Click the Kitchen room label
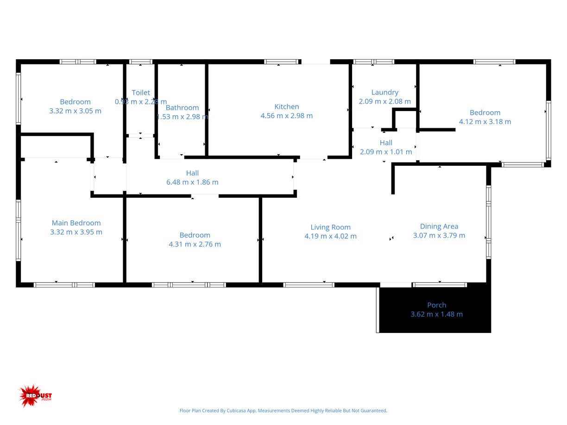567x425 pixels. coord(287,106)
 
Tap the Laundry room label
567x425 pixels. coord(385,92)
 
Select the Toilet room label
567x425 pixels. coord(141,93)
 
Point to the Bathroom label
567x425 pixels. coord(182,107)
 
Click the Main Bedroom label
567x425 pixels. coord(76,223)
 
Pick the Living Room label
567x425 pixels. coord(330,227)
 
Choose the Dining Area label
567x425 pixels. coord(439,226)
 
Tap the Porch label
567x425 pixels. coord(437,305)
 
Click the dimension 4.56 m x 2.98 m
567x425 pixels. coord(287,116)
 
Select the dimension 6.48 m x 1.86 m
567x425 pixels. coord(192,182)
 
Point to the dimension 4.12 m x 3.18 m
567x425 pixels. coord(485,122)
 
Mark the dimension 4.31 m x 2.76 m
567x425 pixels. coord(195,244)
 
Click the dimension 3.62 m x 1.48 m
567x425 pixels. coord(437,314)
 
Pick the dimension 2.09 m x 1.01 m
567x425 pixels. coord(386,152)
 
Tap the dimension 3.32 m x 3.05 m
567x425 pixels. coord(75,111)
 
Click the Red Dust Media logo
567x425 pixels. coord(35,396)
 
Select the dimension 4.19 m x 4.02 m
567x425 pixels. coord(330,236)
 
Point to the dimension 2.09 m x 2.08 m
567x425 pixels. coord(385,101)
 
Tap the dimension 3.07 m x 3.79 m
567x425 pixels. coord(439,235)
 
